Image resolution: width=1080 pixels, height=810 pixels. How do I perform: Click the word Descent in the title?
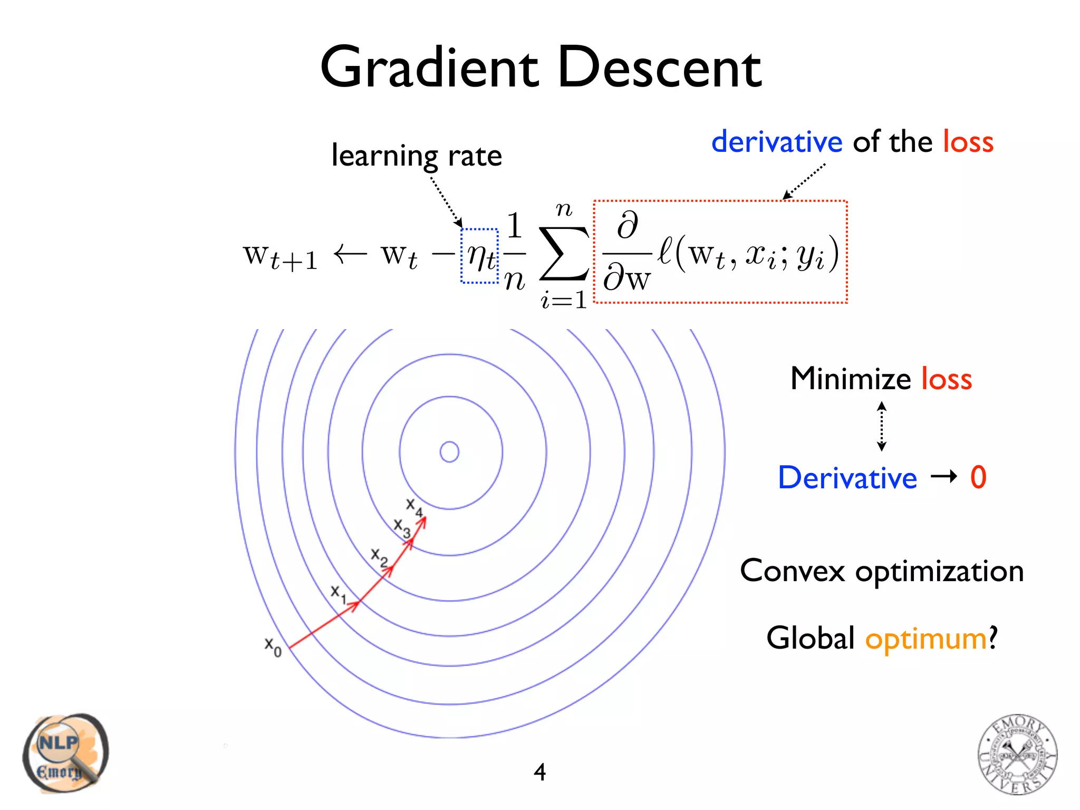coord(659,69)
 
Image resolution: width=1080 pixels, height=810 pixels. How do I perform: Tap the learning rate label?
coord(417,156)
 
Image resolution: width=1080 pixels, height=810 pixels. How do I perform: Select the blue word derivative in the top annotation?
coord(777,142)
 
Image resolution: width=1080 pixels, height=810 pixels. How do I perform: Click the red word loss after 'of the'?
coord(968,142)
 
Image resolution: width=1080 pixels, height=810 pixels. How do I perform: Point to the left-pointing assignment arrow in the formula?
coord(350,254)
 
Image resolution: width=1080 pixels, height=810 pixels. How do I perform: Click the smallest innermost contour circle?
coord(449,452)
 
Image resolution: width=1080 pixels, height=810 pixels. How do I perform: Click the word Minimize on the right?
coord(851,379)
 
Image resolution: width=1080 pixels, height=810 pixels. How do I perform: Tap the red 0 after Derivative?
coord(978,477)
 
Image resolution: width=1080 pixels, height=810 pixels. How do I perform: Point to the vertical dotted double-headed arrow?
coord(881,427)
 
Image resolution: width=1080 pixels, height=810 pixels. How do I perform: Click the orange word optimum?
coord(926,639)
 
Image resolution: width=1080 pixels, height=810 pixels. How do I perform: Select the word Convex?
coord(792,571)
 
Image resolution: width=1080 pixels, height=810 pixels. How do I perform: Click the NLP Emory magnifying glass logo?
coord(64,753)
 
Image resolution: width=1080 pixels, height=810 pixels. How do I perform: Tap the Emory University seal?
coord(1017,754)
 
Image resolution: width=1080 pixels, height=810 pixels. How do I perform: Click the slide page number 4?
coord(539,772)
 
